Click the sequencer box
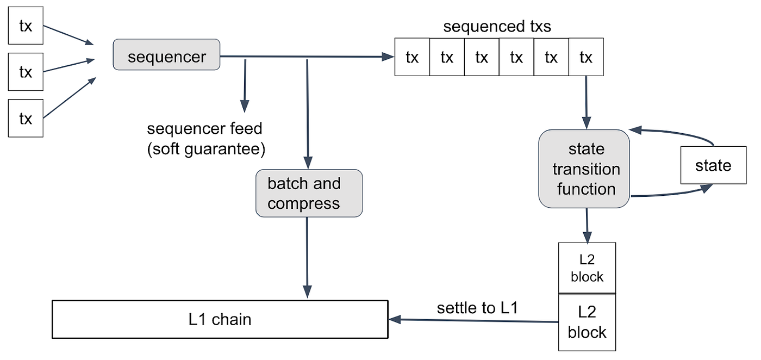point(166,54)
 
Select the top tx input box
point(26,26)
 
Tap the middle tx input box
point(26,72)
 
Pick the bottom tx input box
point(26,119)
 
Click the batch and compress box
point(309,194)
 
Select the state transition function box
point(584,169)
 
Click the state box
point(713,165)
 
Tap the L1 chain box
point(220,319)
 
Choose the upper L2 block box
point(587,268)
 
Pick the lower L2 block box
point(587,322)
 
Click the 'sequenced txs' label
point(497,27)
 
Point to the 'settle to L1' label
point(477,308)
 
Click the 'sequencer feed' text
point(204,129)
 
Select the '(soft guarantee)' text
point(205,149)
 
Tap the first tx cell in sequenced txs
point(412,57)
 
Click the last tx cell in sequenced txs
point(585,57)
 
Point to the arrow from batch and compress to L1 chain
point(307,256)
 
